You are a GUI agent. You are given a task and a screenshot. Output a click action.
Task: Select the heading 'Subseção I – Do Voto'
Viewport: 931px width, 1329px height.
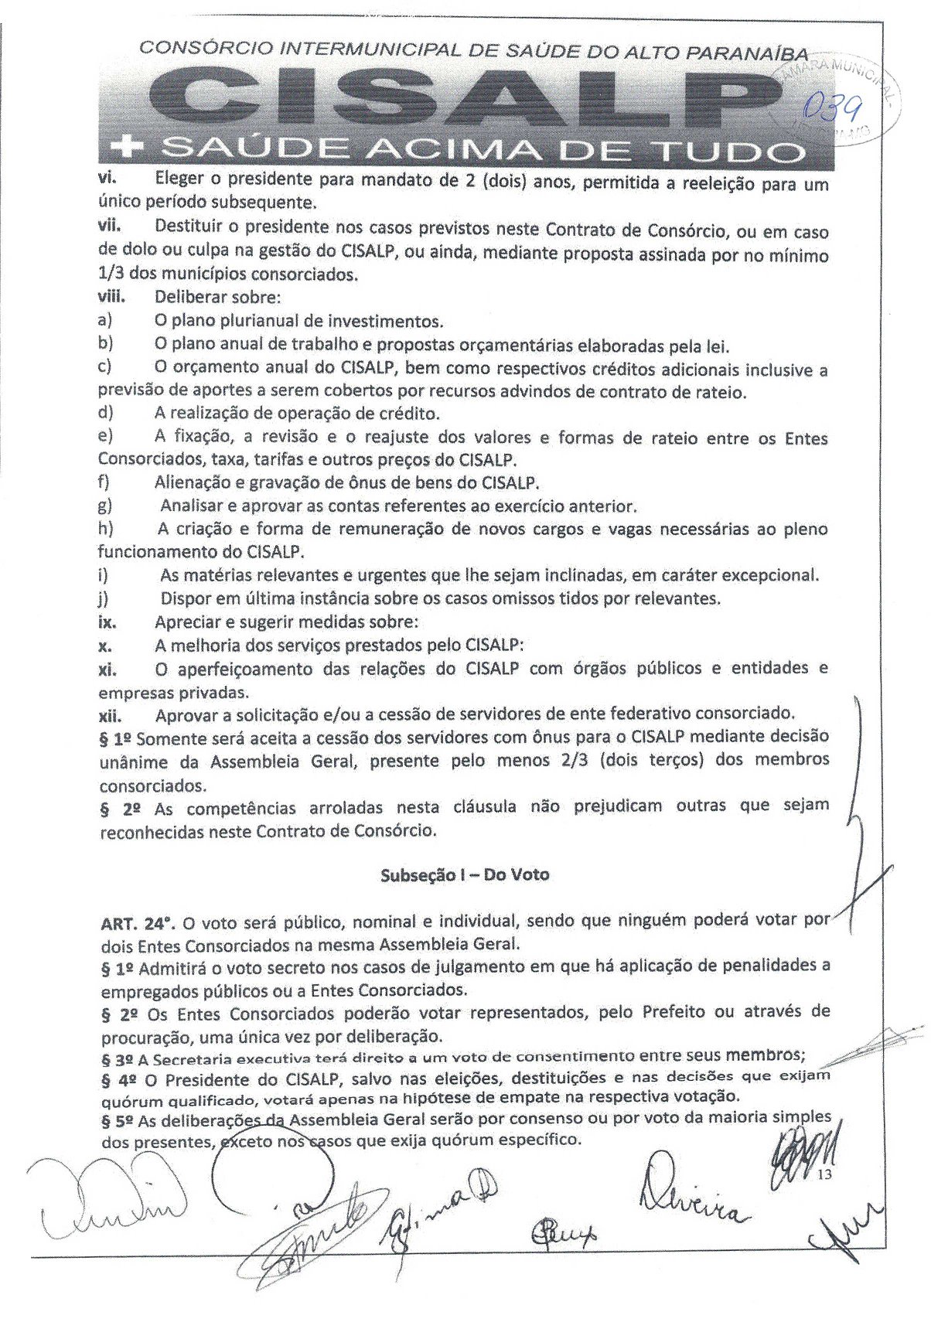(464, 874)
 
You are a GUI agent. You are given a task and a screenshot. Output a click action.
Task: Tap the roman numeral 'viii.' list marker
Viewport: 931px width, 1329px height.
(111, 296)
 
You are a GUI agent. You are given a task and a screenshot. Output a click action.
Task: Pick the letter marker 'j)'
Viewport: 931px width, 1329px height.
(104, 598)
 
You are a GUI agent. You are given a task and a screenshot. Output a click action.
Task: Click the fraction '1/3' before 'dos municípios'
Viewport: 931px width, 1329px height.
(112, 274)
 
